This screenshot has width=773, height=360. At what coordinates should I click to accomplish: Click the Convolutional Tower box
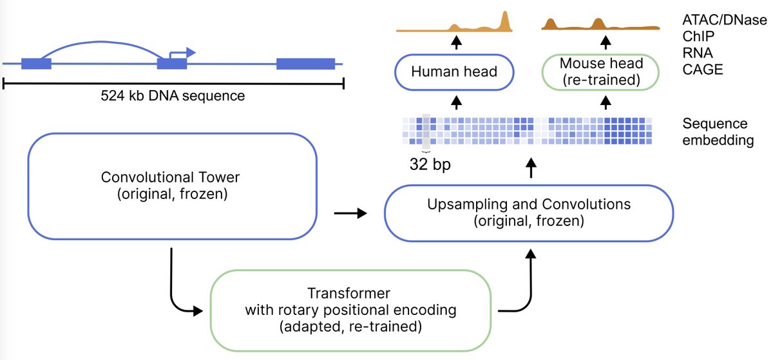(x=172, y=185)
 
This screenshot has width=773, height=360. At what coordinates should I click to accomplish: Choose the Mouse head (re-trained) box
(x=601, y=71)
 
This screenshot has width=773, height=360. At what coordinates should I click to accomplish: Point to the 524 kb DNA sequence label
(x=173, y=97)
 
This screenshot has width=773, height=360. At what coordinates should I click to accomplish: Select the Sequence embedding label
(x=718, y=132)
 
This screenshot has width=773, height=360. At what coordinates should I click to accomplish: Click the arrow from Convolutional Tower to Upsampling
(x=349, y=211)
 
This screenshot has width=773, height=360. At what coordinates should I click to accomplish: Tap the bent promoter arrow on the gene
(x=183, y=52)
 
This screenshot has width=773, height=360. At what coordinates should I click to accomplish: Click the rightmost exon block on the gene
(x=305, y=63)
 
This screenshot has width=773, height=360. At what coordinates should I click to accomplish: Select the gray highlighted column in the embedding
(x=425, y=131)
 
